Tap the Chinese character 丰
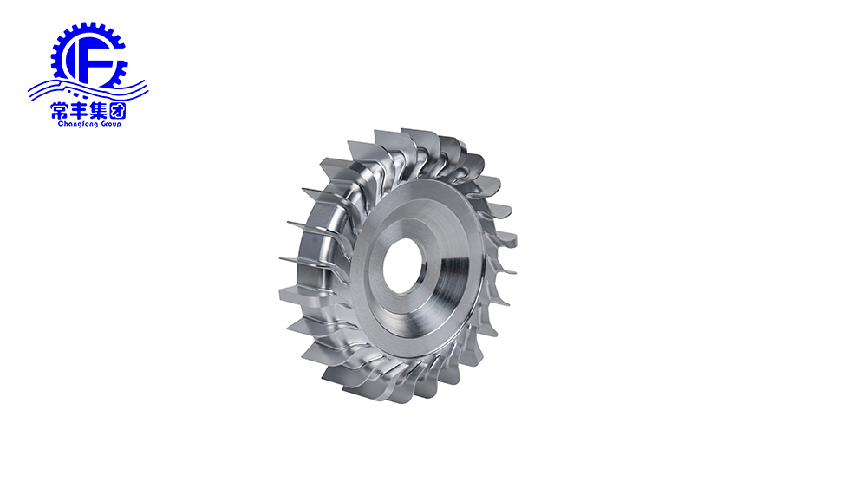pos(79,111)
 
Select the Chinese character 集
pos(98,111)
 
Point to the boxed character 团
pos(117,111)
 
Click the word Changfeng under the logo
pos(77,124)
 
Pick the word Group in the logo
pos(111,124)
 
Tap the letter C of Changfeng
pos(61,124)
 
